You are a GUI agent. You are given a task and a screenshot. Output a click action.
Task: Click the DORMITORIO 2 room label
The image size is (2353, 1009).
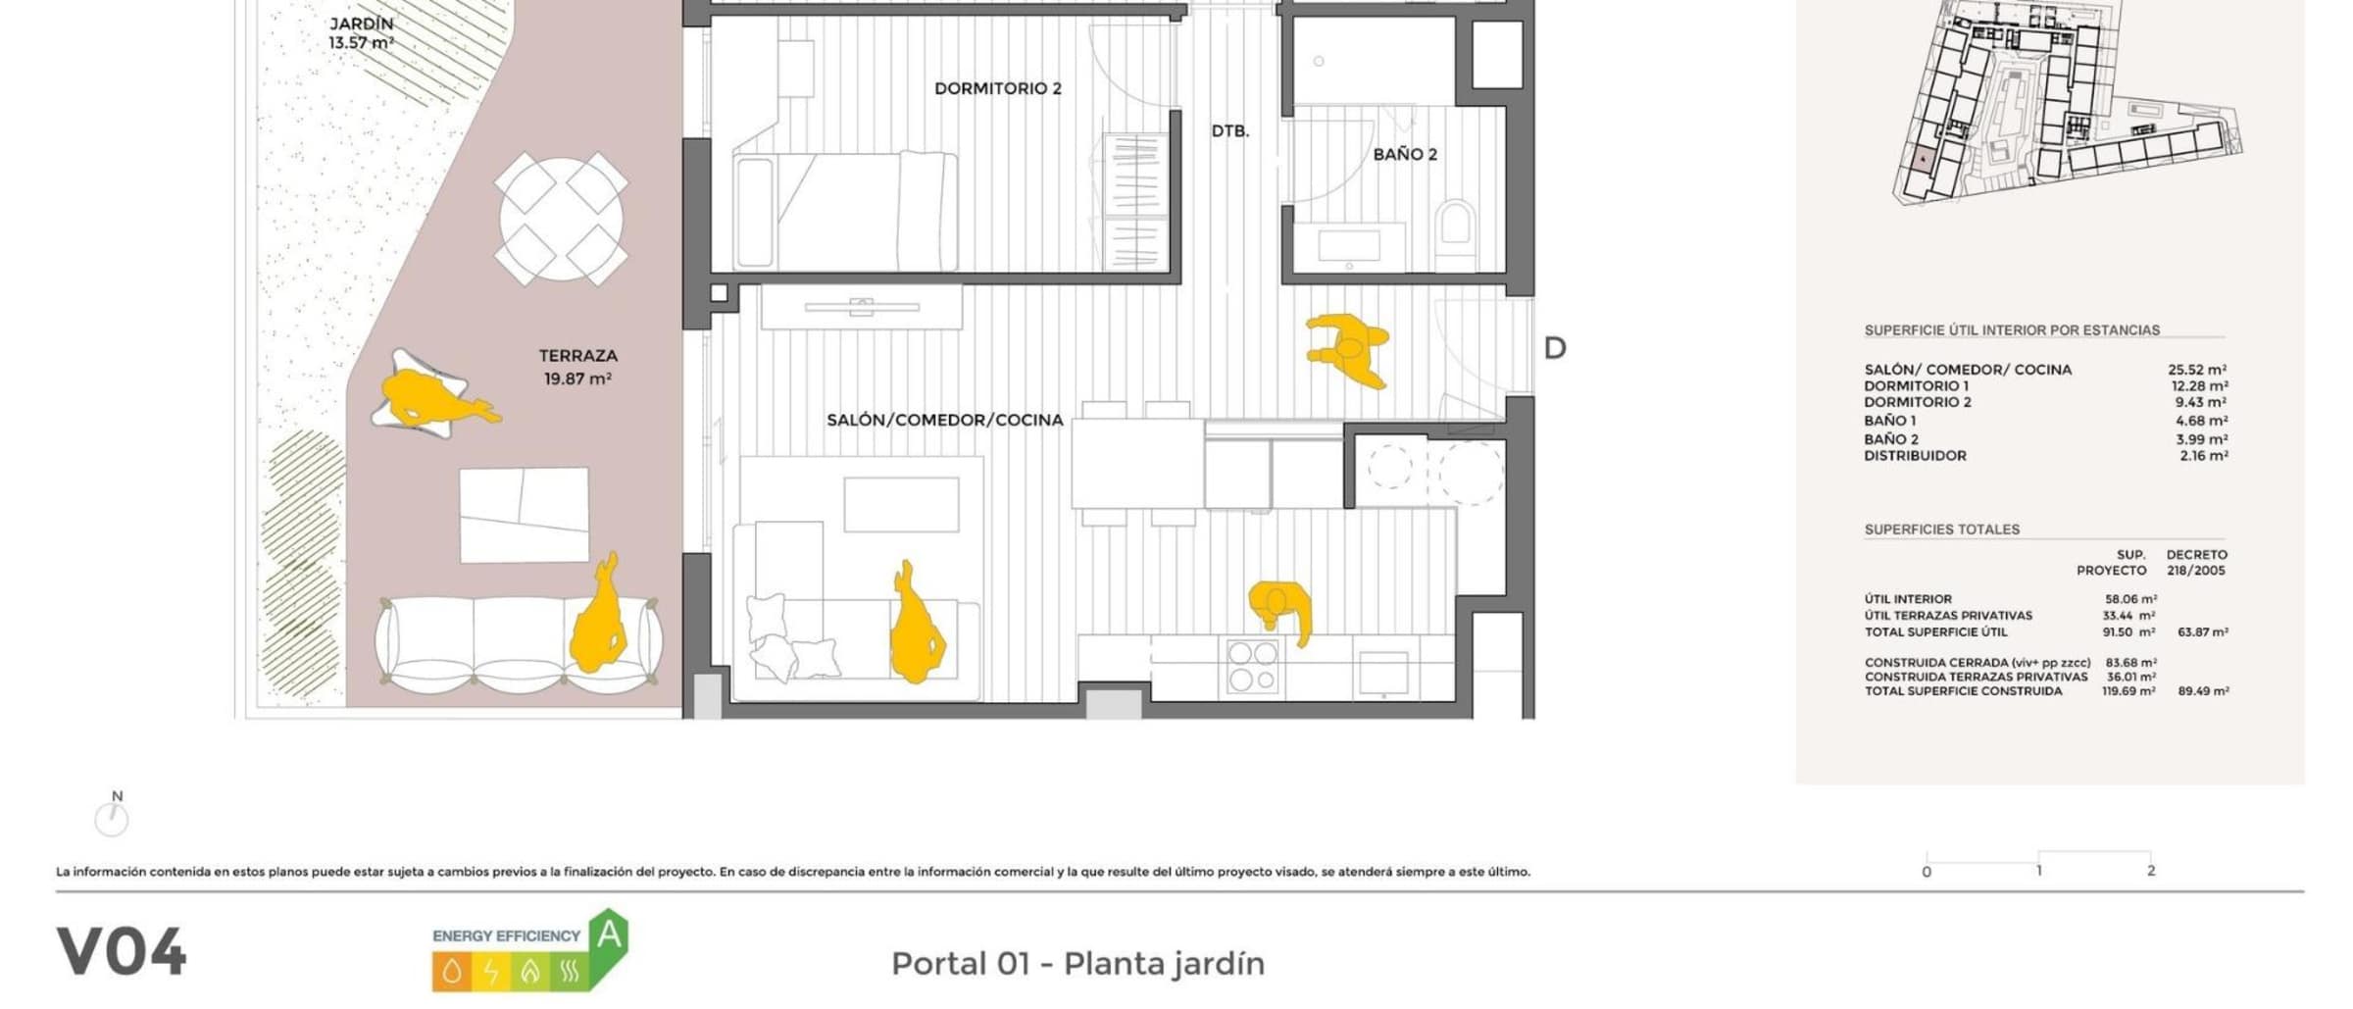click(997, 88)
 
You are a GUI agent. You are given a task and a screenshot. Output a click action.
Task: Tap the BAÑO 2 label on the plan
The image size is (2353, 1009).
click(1405, 154)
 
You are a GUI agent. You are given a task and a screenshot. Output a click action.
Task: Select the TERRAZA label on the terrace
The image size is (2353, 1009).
click(577, 356)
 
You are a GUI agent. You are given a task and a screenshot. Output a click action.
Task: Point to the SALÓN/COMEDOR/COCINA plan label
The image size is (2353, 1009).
click(944, 420)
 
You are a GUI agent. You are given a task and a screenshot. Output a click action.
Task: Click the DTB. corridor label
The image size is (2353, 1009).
click(1229, 131)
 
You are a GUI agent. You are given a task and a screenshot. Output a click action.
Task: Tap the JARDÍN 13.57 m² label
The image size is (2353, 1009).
click(361, 33)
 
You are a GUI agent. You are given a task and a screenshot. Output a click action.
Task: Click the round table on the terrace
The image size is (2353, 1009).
click(561, 219)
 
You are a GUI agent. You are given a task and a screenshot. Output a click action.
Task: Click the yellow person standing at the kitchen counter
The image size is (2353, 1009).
click(1280, 608)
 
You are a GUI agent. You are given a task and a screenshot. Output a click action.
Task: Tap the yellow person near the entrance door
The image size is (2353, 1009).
click(1349, 349)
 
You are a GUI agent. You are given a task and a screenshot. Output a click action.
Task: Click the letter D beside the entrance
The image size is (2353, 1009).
click(1555, 348)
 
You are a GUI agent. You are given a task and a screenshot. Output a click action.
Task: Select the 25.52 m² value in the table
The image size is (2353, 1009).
click(2197, 370)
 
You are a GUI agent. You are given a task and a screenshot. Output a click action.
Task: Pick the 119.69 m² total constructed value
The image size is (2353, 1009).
click(2128, 691)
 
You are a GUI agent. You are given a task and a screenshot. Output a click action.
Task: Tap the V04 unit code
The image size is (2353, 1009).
click(122, 952)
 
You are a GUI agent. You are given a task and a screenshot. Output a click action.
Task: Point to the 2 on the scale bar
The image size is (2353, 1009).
click(2151, 871)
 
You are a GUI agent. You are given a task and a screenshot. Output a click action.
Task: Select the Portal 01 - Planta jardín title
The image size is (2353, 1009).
click(1077, 964)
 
